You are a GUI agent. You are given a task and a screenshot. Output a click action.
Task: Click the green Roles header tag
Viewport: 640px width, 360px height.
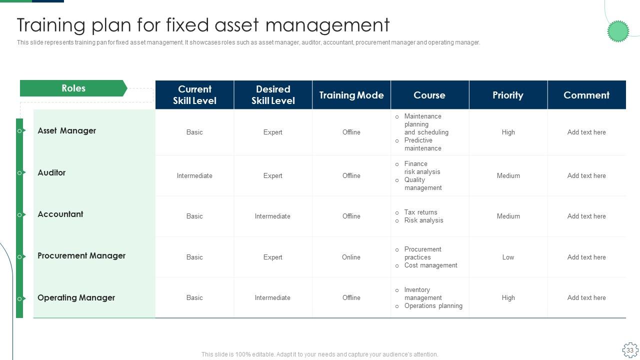click(x=73, y=88)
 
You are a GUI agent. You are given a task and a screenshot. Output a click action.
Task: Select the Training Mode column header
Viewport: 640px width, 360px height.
click(x=351, y=95)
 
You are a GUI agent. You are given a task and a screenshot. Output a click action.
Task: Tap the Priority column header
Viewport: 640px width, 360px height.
click(x=508, y=95)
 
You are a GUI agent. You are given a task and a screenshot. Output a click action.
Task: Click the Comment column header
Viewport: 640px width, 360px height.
click(x=586, y=95)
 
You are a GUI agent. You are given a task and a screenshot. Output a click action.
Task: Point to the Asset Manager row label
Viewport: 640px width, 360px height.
click(x=66, y=130)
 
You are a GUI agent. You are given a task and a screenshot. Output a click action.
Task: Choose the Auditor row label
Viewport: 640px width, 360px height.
click(x=51, y=172)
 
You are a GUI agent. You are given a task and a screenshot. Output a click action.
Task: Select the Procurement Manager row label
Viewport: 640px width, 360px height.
click(x=81, y=255)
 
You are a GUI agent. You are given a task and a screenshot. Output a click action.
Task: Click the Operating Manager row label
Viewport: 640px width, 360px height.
click(x=76, y=297)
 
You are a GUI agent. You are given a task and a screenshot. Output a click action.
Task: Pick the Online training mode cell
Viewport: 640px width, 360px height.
click(x=351, y=257)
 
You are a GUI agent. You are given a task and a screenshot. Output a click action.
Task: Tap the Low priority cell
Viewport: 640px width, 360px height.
click(x=508, y=257)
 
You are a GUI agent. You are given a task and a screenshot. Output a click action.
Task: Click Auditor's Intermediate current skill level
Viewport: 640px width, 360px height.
click(x=194, y=175)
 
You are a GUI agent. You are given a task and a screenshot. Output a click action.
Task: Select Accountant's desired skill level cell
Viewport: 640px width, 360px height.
click(x=272, y=216)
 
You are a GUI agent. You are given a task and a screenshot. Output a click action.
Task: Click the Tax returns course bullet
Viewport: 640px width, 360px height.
click(x=420, y=212)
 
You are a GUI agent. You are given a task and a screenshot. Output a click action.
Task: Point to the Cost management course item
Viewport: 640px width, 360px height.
click(x=430, y=265)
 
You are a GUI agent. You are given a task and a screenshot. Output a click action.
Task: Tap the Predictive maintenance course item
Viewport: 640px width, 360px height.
click(x=422, y=144)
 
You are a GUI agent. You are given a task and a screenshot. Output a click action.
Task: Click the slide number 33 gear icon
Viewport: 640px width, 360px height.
click(x=630, y=350)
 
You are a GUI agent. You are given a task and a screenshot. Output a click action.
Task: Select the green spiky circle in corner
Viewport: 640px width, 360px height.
click(x=618, y=31)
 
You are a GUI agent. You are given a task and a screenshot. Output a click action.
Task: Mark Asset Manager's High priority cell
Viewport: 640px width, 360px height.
click(x=508, y=132)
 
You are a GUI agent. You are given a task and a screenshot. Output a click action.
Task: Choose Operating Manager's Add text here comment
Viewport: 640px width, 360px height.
click(x=586, y=297)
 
